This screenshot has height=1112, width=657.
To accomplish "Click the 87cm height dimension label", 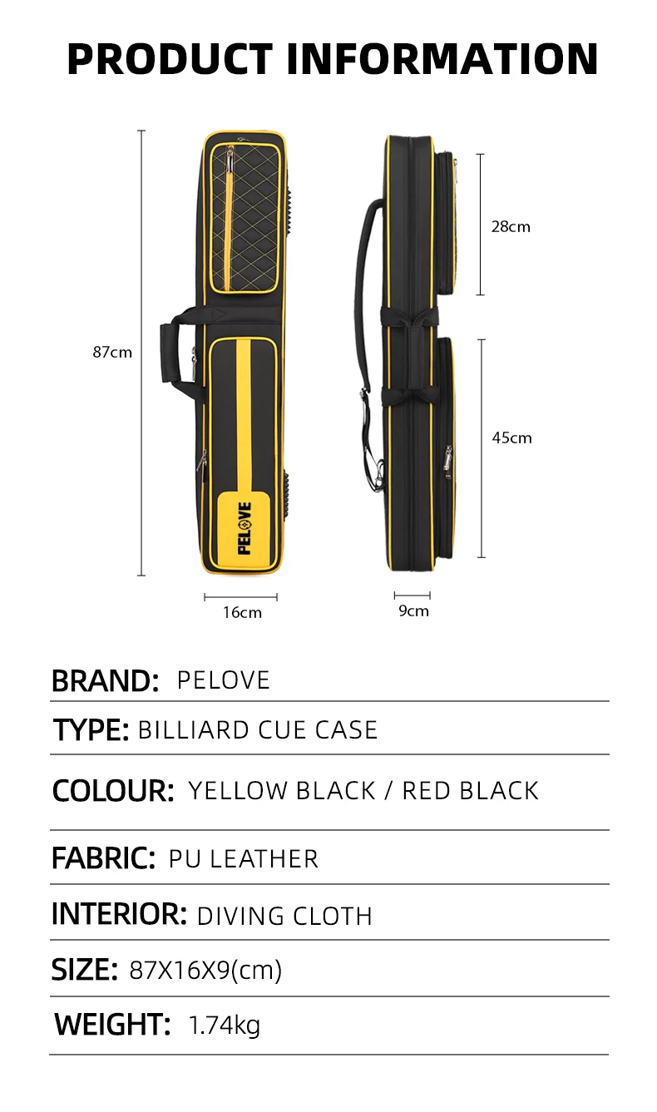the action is pyautogui.click(x=111, y=352).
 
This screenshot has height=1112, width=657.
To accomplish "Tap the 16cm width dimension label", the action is pyautogui.click(x=242, y=612).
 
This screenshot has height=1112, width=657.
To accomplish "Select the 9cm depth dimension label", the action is pyautogui.click(x=413, y=610).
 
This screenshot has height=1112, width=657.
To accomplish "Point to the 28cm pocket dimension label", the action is pyautogui.click(x=510, y=226).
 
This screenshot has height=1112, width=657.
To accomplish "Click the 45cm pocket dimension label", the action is pyautogui.click(x=511, y=437).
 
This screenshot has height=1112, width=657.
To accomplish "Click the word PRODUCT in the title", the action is pyautogui.click(x=170, y=59).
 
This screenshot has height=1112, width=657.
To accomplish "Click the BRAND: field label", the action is pyautogui.click(x=105, y=680).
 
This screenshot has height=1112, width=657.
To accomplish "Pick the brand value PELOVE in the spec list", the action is pyautogui.click(x=224, y=680).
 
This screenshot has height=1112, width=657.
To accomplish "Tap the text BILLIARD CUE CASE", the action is pyautogui.click(x=258, y=730).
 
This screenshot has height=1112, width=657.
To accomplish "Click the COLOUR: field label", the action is pyautogui.click(x=113, y=790).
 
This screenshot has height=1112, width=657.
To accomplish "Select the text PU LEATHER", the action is pyautogui.click(x=244, y=858).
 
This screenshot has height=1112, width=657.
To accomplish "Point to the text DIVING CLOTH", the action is pyautogui.click(x=284, y=916).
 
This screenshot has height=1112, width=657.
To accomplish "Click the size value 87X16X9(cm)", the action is pyautogui.click(x=206, y=970).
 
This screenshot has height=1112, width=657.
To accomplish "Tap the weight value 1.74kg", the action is pyautogui.click(x=225, y=1025).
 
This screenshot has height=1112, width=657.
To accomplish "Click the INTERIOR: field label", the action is pyautogui.click(x=119, y=914).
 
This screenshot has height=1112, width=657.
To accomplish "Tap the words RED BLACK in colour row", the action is pyautogui.click(x=471, y=790).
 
